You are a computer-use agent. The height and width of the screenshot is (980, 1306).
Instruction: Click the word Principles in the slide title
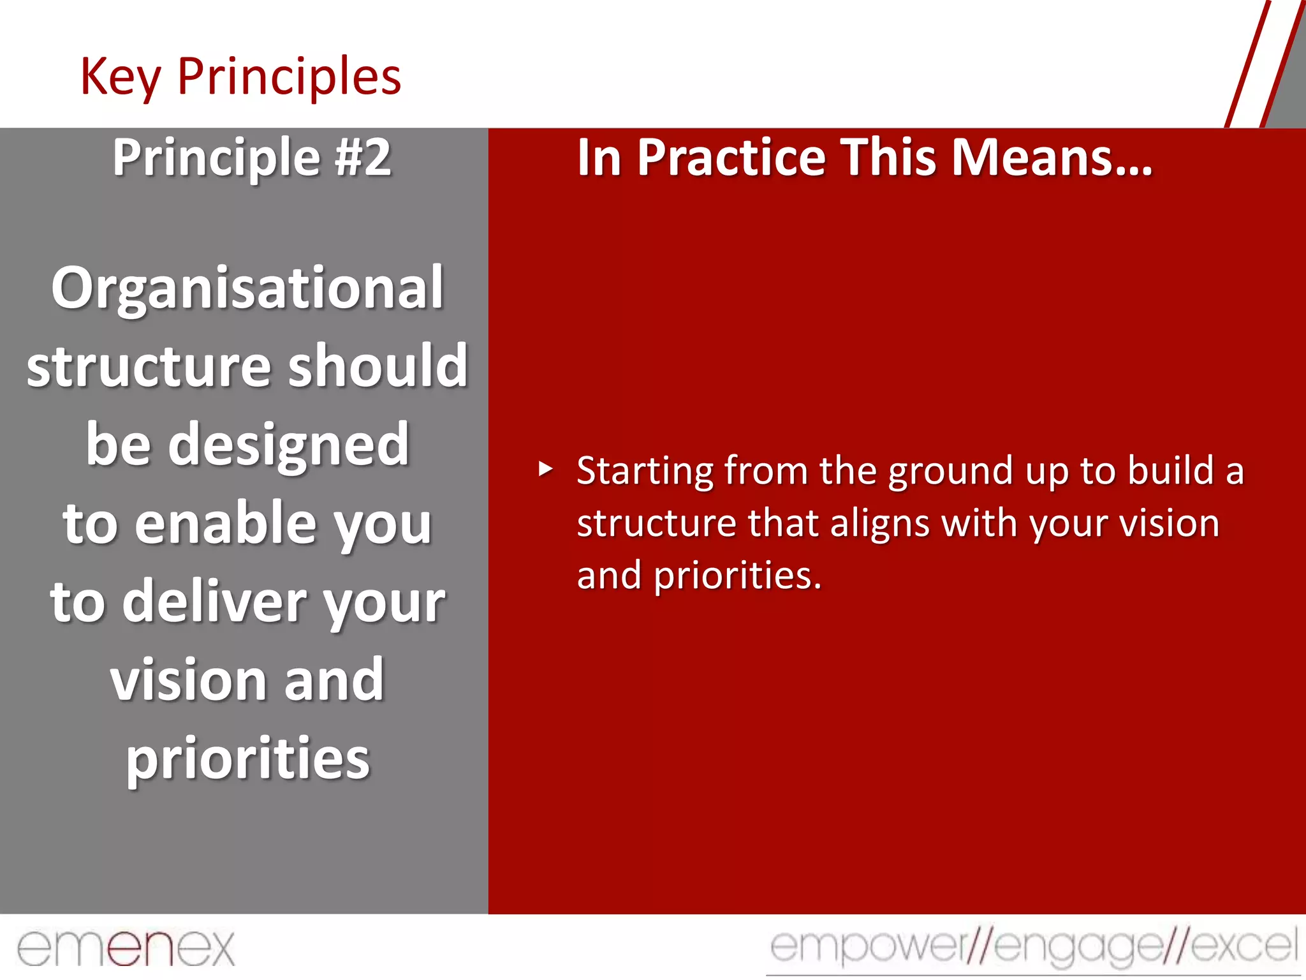tap(289, 77)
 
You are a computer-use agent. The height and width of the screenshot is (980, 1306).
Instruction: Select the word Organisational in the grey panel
tap(247, 288)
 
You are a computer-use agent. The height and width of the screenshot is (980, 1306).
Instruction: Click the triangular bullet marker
tap(545, 470)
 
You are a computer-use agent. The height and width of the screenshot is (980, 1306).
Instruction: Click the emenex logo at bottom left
tap(126, 948)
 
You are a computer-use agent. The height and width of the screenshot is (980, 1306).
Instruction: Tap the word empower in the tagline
tap(867, 947)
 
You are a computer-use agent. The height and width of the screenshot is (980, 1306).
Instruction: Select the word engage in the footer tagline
tap(1078, 947)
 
